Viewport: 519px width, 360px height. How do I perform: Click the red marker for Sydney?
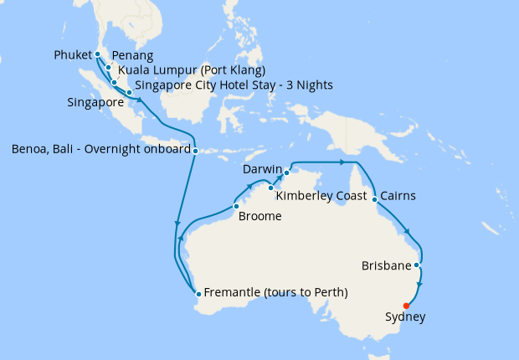[x=406, y=306]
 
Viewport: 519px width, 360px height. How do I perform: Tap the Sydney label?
[x=405, y=317]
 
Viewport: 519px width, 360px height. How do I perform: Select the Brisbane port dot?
[x=416, y=265]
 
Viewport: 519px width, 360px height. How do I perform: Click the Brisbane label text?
[x=386, y=266]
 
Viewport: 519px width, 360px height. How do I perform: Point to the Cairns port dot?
[x=373, y=199]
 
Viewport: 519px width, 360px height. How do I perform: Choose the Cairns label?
[x=398, y=197]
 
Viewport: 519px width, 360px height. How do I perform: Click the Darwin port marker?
[x=286, y=172]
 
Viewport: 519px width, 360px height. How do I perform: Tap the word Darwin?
[x=262, y=170]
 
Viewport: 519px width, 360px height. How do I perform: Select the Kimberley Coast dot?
[x=270, y=188]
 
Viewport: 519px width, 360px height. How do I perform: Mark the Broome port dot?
[x=236, y=206]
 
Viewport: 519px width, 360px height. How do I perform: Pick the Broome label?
[x=260, y=216]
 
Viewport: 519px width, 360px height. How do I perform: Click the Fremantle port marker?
[x=198, y=293]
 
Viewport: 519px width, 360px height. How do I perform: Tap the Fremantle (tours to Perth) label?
[x=275, y=292]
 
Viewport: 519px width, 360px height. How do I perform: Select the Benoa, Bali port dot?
[x=195, y=152]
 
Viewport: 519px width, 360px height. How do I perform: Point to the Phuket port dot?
[x=98, y=54]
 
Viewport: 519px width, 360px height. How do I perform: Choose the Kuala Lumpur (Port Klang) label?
[x=192, y=69]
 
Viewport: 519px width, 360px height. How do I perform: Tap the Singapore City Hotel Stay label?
[x=234, y=85]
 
